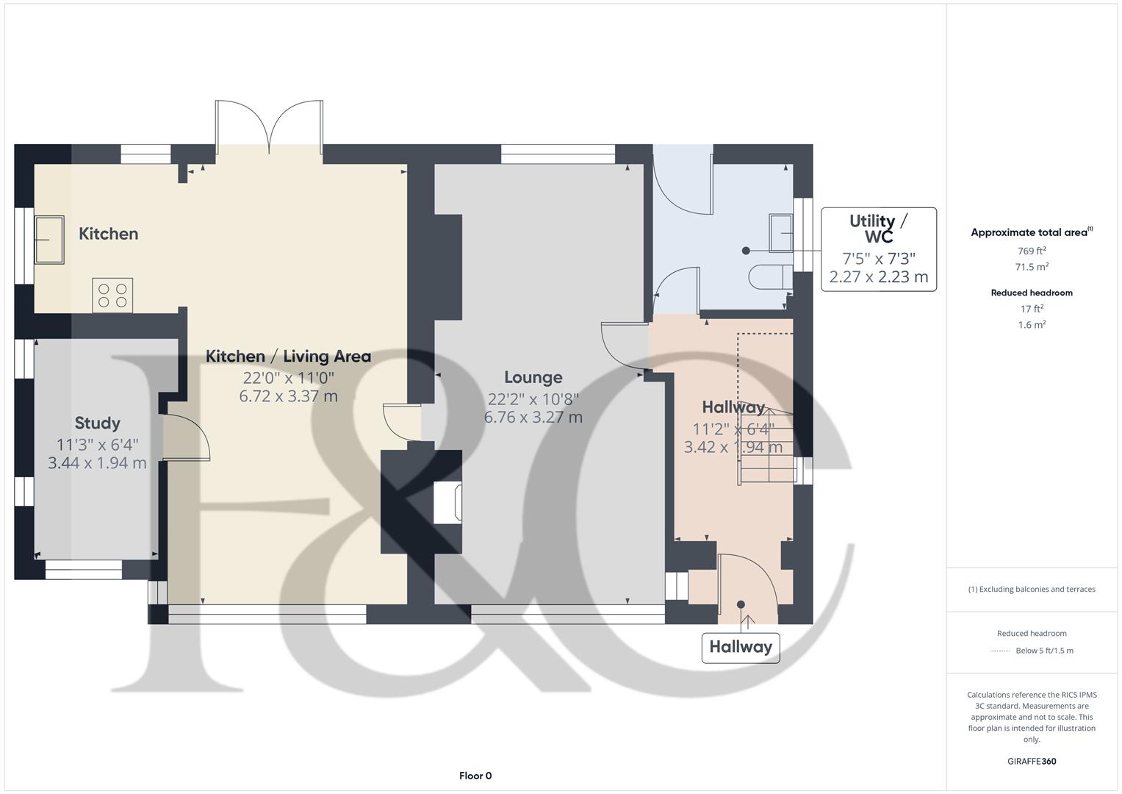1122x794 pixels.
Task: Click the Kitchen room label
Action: (x=109, y=234)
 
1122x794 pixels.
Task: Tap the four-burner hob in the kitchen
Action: (x=112, y=295)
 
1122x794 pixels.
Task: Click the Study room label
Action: (x=97, y=423)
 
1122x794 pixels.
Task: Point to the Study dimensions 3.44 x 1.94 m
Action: (x=97, y=463)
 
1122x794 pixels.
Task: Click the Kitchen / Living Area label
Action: (x=288, y=357)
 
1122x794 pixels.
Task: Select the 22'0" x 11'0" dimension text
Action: (x=288, y=378)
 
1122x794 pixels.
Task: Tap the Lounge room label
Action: (x=533, y=377)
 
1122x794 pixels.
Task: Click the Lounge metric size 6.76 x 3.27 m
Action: (x=533, y=418)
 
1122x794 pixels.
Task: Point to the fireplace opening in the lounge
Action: (x=447, y=503)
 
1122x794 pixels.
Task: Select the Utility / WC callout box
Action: (x=878, y=249)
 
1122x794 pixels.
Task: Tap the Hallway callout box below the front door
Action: (x=740, y=647)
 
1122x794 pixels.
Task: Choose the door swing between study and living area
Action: (x=187, y=438)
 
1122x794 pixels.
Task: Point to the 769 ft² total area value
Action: (x=1032, y=251)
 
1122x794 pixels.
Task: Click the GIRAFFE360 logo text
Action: (x=1032, y=761)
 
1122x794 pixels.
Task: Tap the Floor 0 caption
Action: (x=475, y=776)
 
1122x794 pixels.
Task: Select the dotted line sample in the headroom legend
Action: (x=1000, y=651)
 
